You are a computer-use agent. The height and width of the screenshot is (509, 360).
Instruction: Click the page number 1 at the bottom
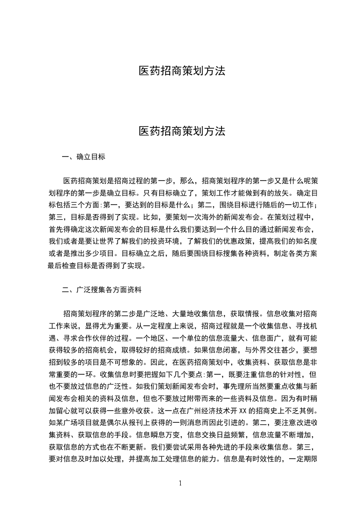pyautogui.click(x=180, y=483)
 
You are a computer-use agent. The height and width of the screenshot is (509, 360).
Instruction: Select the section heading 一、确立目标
pyautogui.click(x=84, y=157)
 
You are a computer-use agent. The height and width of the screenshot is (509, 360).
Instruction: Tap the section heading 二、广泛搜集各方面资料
pyautogui.click(x=103, y=289)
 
